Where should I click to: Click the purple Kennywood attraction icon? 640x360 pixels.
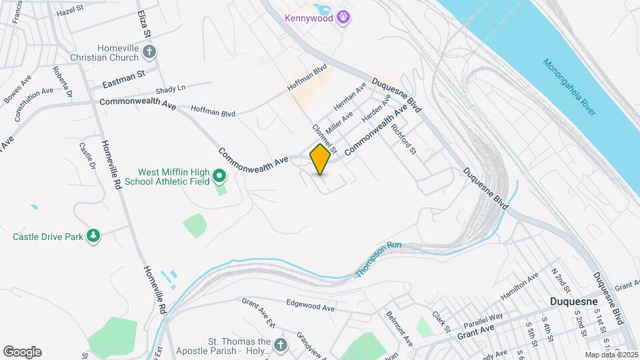(343, 17)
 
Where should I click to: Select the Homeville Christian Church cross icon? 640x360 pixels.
(149, 51)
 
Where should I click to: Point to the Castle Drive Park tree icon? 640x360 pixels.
(94, 236)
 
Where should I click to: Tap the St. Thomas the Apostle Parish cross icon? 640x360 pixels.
(281, 345)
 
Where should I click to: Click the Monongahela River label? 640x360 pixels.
(569, 87)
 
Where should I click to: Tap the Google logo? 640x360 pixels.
(22, 352)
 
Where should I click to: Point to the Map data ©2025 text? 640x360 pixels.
(611, 355)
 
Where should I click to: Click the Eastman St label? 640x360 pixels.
(124, 81)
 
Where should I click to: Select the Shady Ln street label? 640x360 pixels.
(170, 90)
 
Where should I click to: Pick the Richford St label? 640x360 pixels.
(403, 139)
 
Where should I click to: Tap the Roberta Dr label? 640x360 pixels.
(62, 81)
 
